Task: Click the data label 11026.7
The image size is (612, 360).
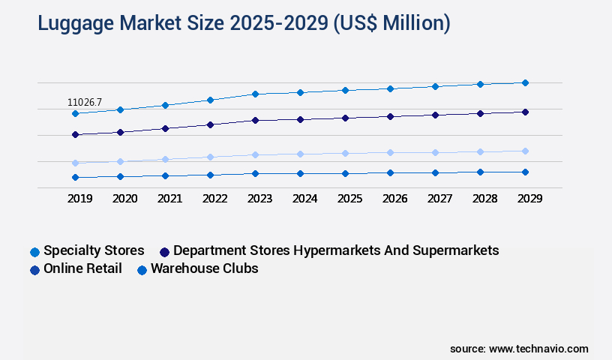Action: point(85,101)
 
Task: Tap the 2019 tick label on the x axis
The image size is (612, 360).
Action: point(79,199)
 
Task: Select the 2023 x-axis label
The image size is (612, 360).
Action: point(259,199)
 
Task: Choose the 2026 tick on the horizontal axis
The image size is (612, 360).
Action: point(394,199)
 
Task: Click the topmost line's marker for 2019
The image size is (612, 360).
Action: point(75,113)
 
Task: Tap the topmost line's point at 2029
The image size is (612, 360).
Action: point(525,82)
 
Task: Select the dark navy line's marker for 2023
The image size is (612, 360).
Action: point(255,120)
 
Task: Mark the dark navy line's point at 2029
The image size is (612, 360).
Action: point(525,112)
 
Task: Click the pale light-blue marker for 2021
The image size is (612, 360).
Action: point(165,159)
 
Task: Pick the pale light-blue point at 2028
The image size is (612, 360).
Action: point(480,151)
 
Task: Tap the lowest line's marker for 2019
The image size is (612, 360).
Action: point(75,177)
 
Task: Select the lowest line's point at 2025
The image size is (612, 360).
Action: point(345,173)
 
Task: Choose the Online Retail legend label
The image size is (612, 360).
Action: point(82,268)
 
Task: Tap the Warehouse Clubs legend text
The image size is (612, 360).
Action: point(204,268)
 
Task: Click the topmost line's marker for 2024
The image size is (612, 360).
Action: point(300,92)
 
